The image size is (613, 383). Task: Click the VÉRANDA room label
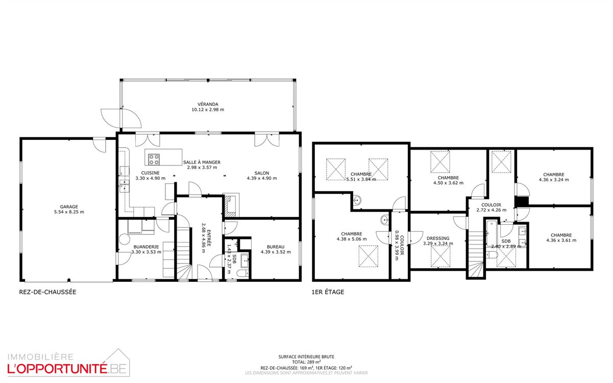[208, 104]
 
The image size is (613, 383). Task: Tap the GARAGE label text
[69, 207]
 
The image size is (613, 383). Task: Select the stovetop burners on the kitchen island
[154, 159]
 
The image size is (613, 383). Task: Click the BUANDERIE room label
[146, 247]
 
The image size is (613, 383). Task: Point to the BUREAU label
[276, 247]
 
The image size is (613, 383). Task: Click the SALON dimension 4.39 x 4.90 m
[262, 178]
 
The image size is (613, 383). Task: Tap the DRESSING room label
[438, 238]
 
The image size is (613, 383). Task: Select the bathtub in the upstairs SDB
[492, 233]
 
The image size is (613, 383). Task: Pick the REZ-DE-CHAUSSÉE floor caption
[47, 292]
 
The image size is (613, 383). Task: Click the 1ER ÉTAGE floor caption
[328, 292]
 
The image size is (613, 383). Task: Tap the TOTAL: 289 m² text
[306, 362]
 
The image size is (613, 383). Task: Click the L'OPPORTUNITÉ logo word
[57, 369]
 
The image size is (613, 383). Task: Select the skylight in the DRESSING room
[440, 256]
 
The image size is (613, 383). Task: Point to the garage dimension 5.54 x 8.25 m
[69, 212]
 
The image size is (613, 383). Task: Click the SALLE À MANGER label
[202, 162]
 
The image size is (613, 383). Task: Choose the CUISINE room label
[150, 173]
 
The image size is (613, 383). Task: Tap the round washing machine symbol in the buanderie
[125, 240]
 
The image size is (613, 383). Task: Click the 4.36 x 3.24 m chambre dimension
[554, 180]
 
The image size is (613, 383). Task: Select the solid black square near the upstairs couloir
[522, 201]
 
